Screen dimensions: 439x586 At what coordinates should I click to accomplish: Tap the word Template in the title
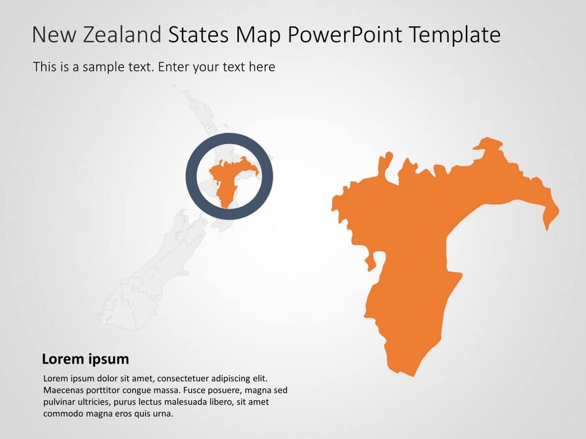(x=454, y=35)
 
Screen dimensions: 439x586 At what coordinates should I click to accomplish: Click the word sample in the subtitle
(x=94, y=66)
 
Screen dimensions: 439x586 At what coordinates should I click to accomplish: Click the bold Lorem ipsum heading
(x=85, y=359)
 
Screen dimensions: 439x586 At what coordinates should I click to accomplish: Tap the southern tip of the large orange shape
(x=410, y=374)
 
